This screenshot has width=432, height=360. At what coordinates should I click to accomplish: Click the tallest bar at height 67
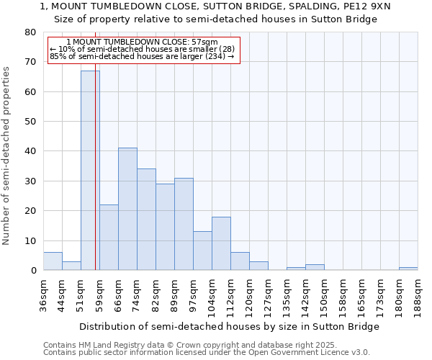[x=90, y=171]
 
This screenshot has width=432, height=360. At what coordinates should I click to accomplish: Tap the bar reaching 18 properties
[x=221, y=243]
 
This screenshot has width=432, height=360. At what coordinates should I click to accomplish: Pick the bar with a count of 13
[x=202, y=251]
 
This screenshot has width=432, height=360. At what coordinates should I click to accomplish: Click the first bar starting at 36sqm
[x=53, y=261]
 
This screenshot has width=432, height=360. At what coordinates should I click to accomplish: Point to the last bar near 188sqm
[x=408, y=269]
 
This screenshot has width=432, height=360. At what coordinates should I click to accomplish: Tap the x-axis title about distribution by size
[x=229, y=326]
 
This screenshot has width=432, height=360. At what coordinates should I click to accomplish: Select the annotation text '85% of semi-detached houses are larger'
[x=142, y=56]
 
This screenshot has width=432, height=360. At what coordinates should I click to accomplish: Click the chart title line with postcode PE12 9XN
[x=215, y=6]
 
